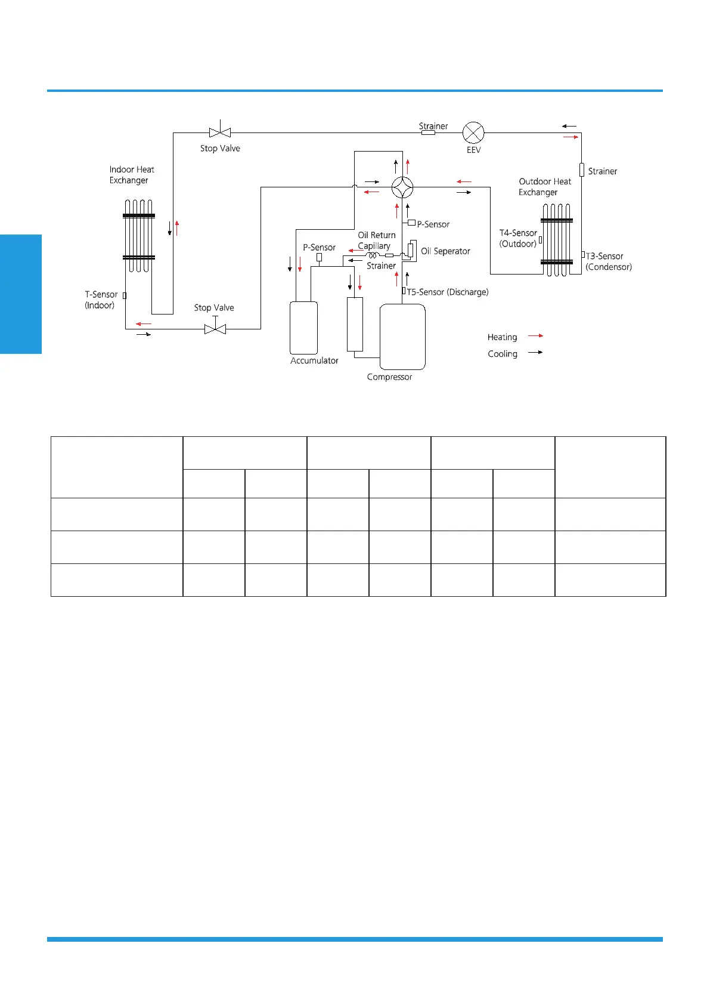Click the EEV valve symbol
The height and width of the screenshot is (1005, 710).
[473, 132]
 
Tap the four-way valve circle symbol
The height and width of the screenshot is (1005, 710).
[402, 187]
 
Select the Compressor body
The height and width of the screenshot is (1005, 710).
[402, 337]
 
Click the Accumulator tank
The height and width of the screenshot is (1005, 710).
[303, 328]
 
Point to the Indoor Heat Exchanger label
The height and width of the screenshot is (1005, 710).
[131, 175]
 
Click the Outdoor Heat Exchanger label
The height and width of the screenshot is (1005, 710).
[544, 187]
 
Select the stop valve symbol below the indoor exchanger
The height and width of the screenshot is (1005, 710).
[215, 328]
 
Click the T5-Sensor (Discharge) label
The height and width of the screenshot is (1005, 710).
[447, 292]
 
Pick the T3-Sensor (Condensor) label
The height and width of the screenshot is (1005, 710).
[608, 261]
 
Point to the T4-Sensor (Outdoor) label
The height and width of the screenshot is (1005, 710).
[518, 238]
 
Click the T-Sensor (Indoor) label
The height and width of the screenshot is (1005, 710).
[101, 300]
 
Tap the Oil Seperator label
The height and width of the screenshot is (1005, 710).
[445, 251]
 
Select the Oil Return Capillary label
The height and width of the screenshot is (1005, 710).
[376, 241]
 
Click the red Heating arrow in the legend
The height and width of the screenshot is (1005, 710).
[535, 336]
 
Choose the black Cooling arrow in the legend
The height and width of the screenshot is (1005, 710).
[535, 352]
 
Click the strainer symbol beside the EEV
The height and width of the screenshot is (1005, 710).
[428, 132]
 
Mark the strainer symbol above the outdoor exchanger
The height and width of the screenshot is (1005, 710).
[581, 170]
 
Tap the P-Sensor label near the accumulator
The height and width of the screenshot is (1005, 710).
[319, 247]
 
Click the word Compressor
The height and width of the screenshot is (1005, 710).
[389, 377]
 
